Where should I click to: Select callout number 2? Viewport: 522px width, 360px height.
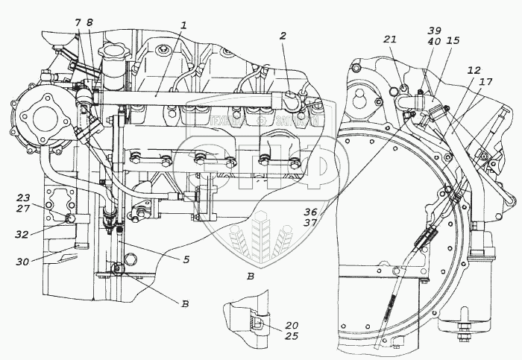pyautogui.click(x=283, y=36)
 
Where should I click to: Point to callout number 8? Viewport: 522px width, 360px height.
pyautogui.click(x=89, y=23)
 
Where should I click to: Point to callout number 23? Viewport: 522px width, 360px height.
pyautogui.click(x=23, y=198)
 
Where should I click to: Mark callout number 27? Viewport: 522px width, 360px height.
pyautogui.click(x=23, y=209)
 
